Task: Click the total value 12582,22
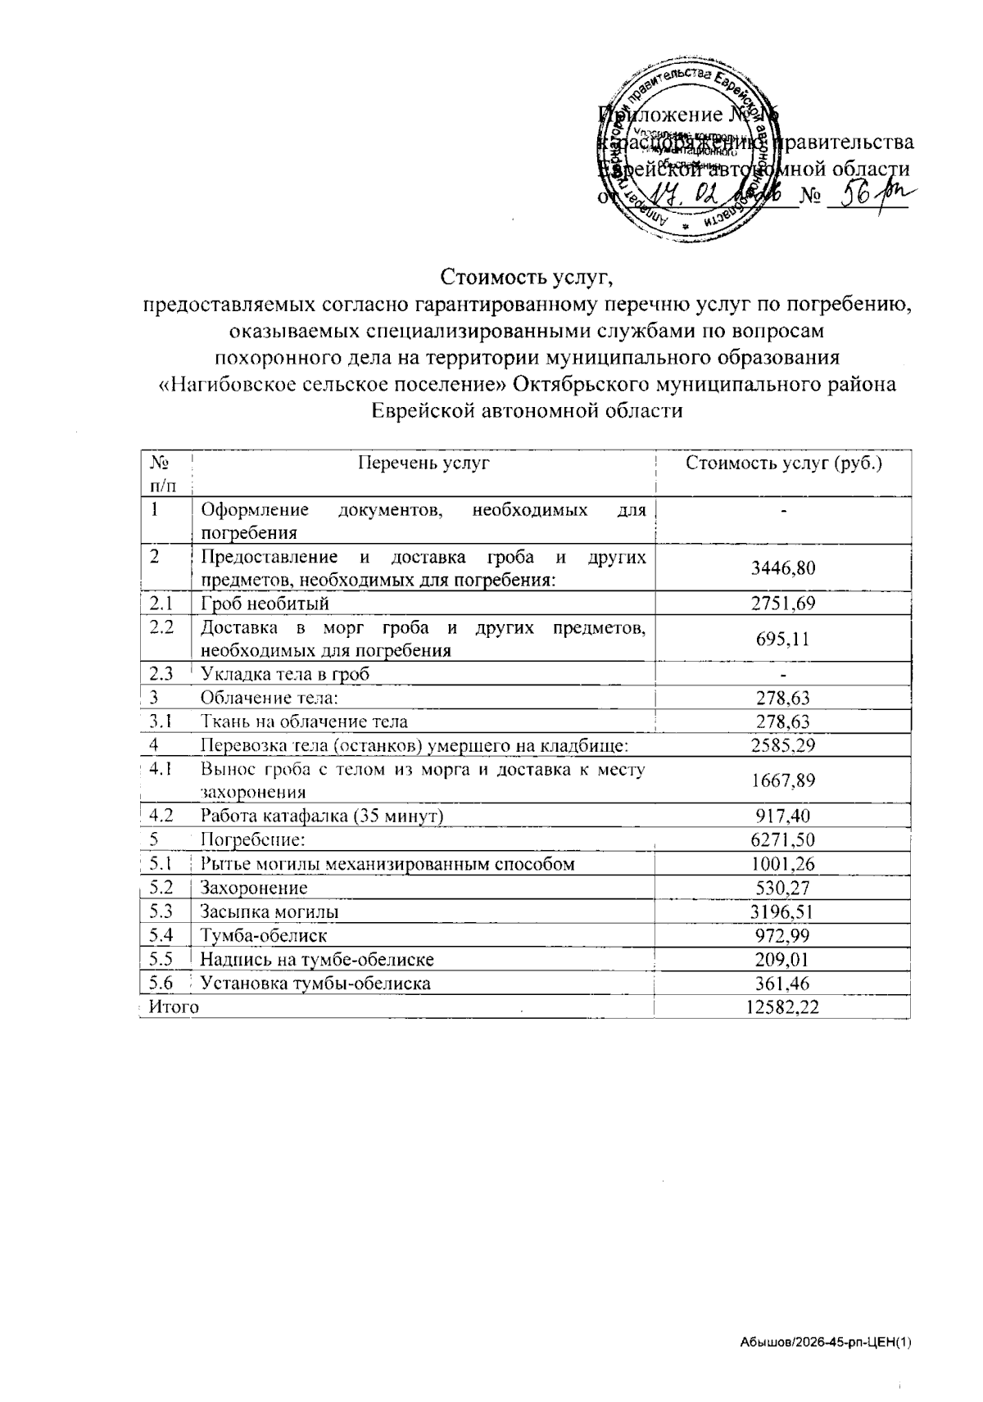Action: click(x=782, y=1006)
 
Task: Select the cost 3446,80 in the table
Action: click(x=782, y=568)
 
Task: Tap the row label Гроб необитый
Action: click(x=265, y=604)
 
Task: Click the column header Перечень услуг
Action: click(x=423, y=464)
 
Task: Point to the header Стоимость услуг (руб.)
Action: click(x=783, y=464)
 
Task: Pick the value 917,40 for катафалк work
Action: click(x=782, y=816)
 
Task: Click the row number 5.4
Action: click(x=161, y=934)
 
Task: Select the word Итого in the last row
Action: click(x=174, y=1006)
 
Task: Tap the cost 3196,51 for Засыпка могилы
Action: click(x=782, y=911)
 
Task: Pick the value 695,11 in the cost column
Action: click(x=782, y=639)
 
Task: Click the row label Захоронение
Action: click(x=254, y=887)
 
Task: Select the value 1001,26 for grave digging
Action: click(x=782, y=863)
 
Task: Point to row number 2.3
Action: click(x=161, y=673)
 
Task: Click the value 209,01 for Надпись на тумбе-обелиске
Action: click(x=782, y=958)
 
